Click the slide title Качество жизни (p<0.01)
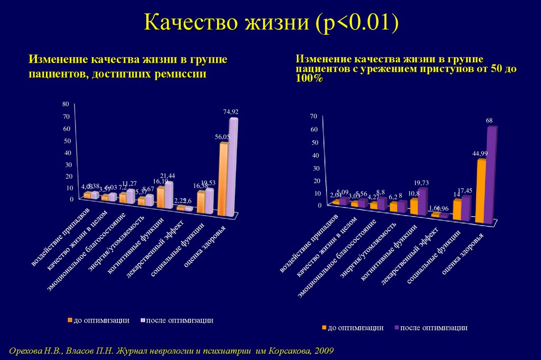click(270, 24)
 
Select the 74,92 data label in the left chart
click(231, 112)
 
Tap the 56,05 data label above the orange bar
click(222, 136)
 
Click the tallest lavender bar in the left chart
click(232, 167)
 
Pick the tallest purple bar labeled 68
click(491, 174)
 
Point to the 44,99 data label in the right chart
click(480, 153)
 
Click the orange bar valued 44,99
click(481, 190)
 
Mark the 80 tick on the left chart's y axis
click(66, 104)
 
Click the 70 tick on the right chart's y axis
click(313, 116)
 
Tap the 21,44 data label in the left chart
click(167, 176)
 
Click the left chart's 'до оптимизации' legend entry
click(98, 320)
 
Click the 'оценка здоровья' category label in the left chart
click(205, 247)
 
